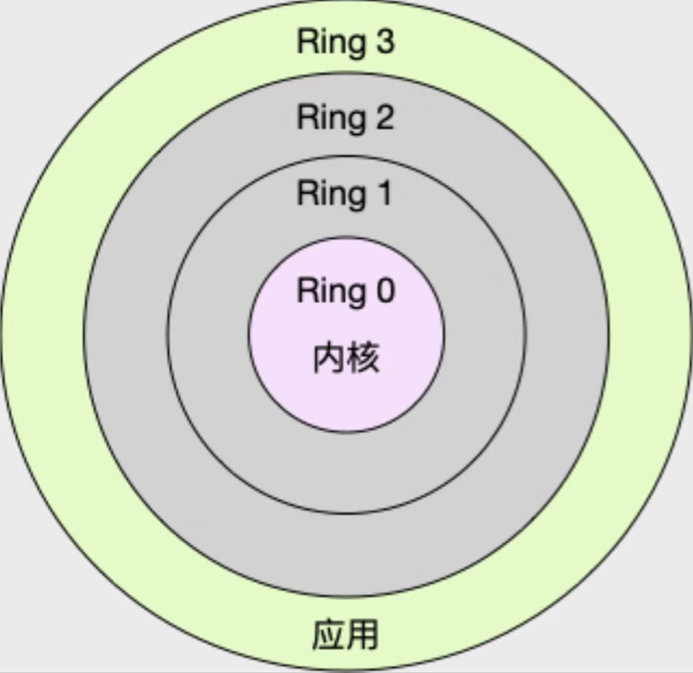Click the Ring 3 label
[x=346, y=43]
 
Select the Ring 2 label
[x=346, y=118]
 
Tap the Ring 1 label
[x=346, y=193]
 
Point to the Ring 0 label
[x=346, y=291]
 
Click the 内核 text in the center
[x=346, y=358]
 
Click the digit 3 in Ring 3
[x=385, y=43]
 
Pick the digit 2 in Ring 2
[x=385, y=118]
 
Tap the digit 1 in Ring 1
[x=384, y=193]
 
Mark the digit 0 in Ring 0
[x=385, y=291]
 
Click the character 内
[x=329, y=358]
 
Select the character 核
[x=363, y=358]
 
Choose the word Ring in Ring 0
[x=330, y=292]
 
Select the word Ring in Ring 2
[x=330, y=119]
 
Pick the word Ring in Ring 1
[x=330, y=194]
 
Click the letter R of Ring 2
[x=306, y=118]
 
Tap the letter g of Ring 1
[x=353, y=196]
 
